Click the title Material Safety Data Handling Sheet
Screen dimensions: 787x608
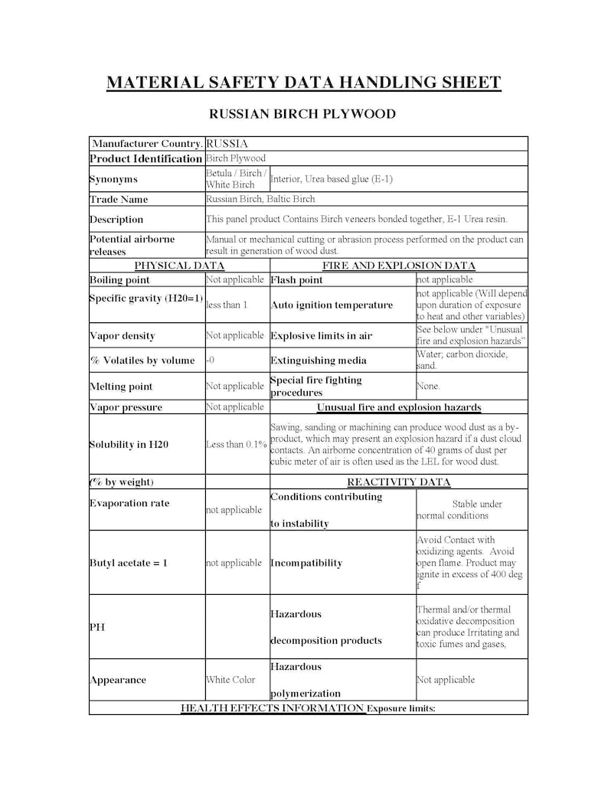(303, 83)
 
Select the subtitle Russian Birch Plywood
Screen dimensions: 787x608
(302, 114)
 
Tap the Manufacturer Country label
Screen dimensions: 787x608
(147, 143)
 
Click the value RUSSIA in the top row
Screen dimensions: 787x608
(227, 143)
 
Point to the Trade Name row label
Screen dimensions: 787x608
(119, 199)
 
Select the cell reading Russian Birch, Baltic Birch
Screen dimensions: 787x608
(260, 199)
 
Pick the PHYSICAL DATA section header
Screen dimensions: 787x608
(179, 266)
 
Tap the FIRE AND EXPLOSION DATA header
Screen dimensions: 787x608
(398, 266)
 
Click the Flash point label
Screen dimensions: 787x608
(297, 280)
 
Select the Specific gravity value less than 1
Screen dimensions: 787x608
(227, 305)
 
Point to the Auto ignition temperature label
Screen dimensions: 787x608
(332, 305)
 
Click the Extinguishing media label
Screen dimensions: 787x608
(319, 360)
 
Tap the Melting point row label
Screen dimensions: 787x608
(121, 387)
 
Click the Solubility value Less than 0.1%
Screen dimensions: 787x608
(237, 444)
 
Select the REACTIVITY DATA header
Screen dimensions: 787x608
(398, 482)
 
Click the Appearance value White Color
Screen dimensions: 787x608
(230, 680)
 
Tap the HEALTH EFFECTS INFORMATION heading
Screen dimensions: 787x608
(273, 708)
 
